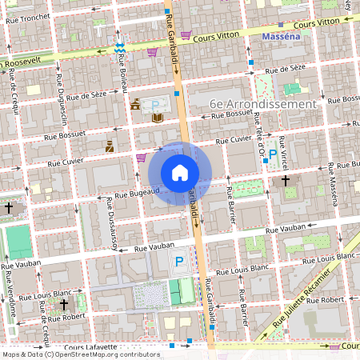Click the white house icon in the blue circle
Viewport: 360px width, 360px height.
(x=180, y=172)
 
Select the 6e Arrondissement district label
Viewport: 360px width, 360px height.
(x=262, y=104)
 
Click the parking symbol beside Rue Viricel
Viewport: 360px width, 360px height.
(x=273, y=154)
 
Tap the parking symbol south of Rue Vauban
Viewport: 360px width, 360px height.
(x=179, y=261)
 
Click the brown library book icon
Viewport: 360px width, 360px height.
(x=158, y=118)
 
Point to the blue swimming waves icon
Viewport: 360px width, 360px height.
(x=119, y=47)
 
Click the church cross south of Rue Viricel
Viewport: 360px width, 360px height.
(x=286, y=181)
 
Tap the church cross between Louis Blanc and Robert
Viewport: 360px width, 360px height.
(x=64, y=304)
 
